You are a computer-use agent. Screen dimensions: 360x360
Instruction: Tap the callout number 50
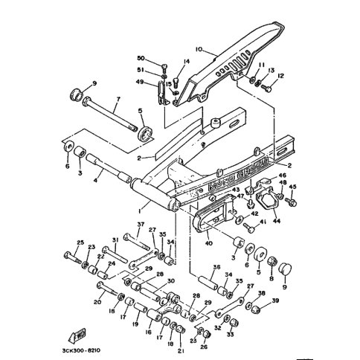[x=142, y=57]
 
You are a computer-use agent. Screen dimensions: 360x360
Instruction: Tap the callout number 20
[x=97, y=302]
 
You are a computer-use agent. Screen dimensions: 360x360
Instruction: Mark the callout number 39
[x=277, y=300]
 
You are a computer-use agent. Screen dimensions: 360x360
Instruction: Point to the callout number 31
[x=115, y=239]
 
